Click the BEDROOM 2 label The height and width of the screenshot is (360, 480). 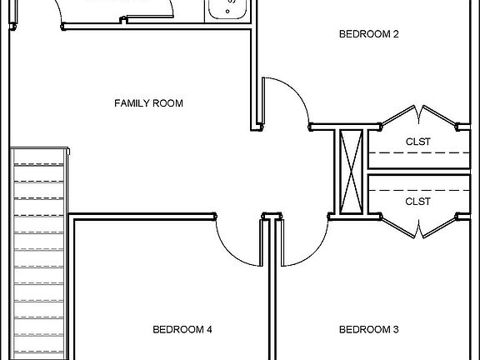(x=369, y=34)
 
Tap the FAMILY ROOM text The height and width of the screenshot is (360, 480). (x=148, y=103)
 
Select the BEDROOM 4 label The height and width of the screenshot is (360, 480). (x=182, y=330)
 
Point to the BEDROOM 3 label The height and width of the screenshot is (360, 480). (x=369, y=330)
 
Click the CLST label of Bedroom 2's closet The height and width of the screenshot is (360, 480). (x=417, y=142)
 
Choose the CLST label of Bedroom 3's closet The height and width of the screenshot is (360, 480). (x=417, y=201)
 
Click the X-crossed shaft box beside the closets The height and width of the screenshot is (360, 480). (x=351, y=171)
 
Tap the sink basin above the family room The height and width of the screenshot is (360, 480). (x=226, y=9)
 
